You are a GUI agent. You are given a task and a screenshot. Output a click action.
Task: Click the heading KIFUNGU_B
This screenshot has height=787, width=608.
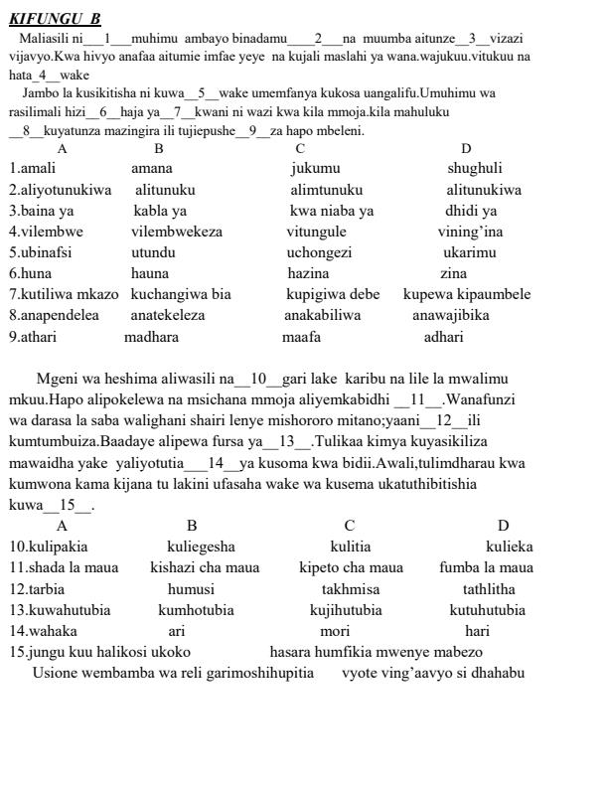click(x=55, y=19)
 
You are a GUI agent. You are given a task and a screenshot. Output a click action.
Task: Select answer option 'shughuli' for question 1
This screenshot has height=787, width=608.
click(x=474, y=168)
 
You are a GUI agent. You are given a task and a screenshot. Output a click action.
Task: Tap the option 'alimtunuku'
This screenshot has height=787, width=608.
click(x=326, y=190)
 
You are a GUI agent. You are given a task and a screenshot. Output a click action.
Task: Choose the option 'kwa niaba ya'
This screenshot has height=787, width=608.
click(x=332, y=211)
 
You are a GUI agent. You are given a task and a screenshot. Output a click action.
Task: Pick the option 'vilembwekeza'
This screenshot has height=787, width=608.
click(x=177, y=232)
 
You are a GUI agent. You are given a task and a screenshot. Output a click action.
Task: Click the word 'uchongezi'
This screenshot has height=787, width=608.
click(x=319, y=252)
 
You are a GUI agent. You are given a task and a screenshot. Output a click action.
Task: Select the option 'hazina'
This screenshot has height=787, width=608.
click(x=308, y=273)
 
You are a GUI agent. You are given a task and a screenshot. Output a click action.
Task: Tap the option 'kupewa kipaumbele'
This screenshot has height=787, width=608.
click(x=467, y=294)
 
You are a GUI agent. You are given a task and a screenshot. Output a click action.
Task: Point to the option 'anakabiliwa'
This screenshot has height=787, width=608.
click(x=322, y=315)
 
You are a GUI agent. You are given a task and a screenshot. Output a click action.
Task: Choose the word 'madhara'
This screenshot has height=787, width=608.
click(x=151, y=337)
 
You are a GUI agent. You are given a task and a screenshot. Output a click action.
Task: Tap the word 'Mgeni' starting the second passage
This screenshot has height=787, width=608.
click(x=59, y=379)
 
